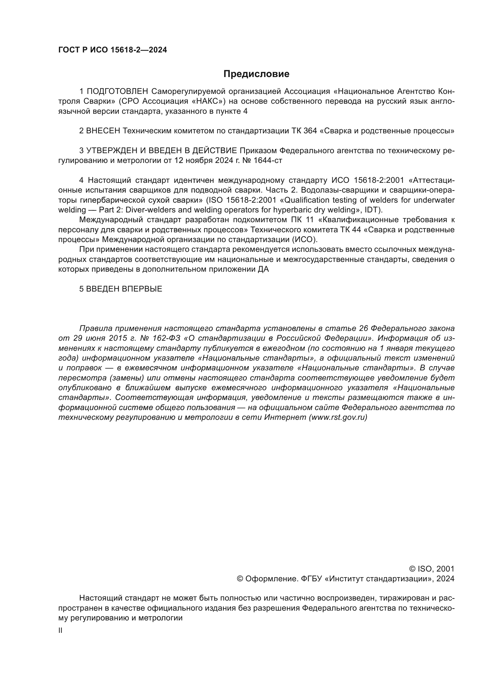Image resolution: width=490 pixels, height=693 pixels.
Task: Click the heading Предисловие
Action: (256, 74)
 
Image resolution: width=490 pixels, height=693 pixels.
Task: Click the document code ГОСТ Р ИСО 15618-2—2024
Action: (113, 50)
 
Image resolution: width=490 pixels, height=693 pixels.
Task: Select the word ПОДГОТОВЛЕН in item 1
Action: (117, 91)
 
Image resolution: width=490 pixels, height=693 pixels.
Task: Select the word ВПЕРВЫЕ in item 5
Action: (142, 289)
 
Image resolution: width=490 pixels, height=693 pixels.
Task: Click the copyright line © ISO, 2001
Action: (431, 569)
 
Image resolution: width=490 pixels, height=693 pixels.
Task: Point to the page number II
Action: (60, 630)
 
